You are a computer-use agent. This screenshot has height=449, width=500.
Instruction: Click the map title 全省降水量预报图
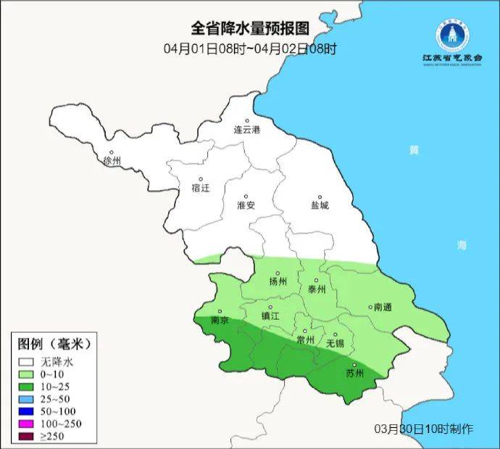250,29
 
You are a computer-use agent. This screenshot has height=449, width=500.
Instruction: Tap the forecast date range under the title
250,49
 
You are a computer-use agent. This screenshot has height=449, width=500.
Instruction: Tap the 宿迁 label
200,187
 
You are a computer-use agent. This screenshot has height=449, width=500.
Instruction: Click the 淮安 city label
246,205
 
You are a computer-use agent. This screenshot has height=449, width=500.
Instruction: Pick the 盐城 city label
319,205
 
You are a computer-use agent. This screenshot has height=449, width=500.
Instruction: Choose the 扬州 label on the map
278,281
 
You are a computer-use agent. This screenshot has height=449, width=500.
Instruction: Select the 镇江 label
270,316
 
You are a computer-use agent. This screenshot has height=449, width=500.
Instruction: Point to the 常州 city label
306,339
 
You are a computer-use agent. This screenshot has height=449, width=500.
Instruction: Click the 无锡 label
336,342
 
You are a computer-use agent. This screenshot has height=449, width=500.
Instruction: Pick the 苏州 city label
355,374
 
